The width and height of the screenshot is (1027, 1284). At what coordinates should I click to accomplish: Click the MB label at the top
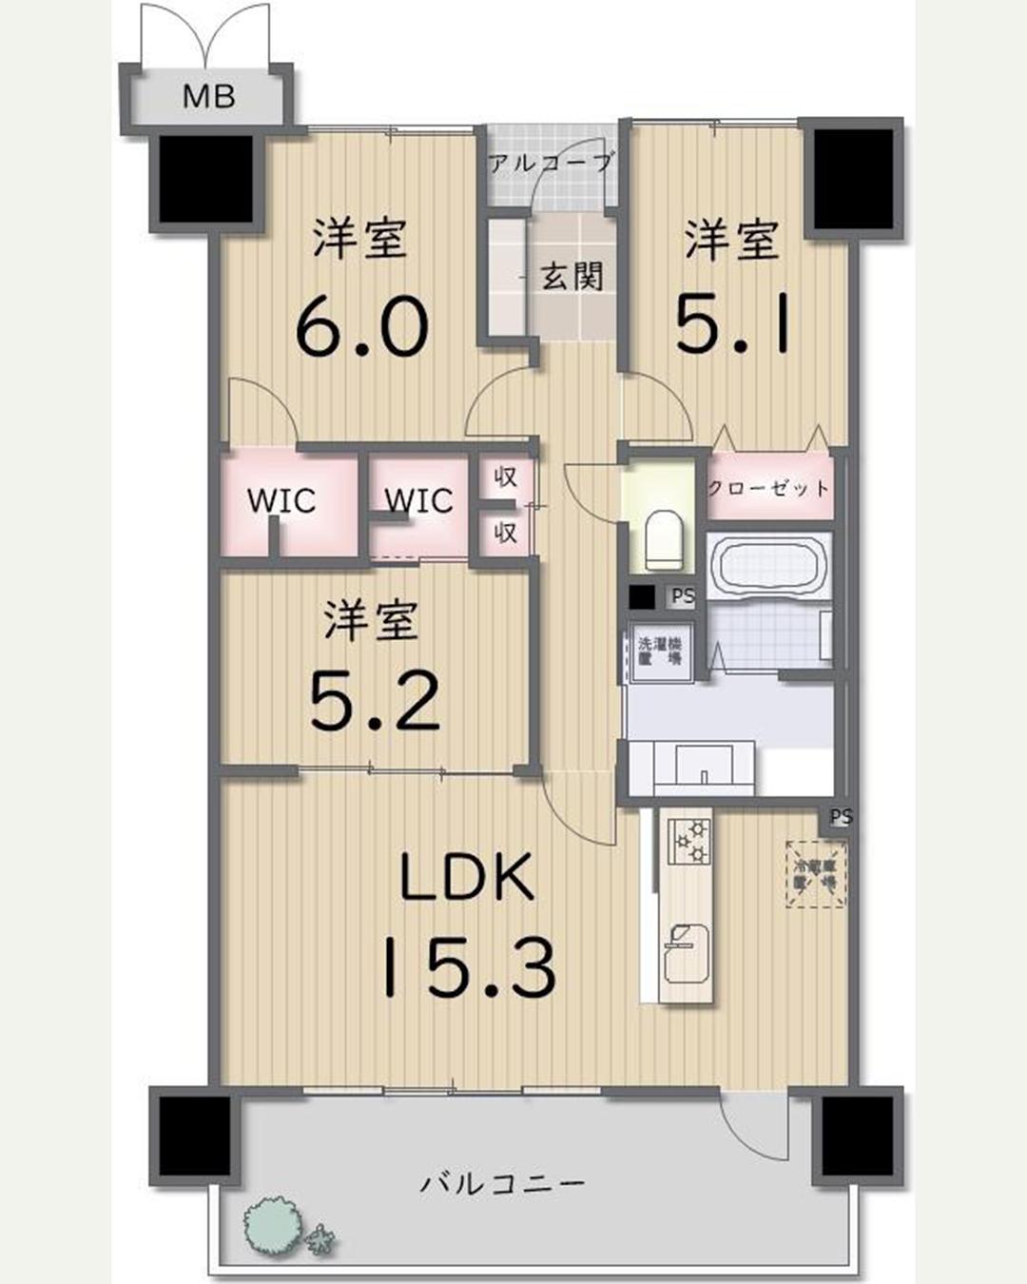click(208, 96)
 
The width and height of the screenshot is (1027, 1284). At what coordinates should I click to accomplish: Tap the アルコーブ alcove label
click(551, 163)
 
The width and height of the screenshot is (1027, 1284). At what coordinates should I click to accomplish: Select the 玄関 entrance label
click(572, 277)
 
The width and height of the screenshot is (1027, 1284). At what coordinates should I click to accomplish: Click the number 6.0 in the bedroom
click(361, 326)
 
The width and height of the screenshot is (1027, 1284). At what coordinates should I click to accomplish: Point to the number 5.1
click(732, 323)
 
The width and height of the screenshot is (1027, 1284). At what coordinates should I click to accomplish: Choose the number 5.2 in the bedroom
click(375, 701)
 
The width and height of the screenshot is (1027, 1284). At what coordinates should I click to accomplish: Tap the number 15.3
click(468, 966)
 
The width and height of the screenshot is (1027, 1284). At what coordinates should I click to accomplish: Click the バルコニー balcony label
click(503, 1184)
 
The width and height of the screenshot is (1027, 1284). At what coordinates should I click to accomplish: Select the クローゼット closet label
click(768, 488)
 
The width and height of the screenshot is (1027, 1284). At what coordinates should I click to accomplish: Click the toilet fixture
click(662, 541)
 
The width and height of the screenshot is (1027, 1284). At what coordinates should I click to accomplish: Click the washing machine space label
click(659, 651)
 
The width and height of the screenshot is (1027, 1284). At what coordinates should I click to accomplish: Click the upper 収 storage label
click(505, 477)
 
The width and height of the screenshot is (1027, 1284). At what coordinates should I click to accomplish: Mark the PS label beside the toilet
click(683, 597)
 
